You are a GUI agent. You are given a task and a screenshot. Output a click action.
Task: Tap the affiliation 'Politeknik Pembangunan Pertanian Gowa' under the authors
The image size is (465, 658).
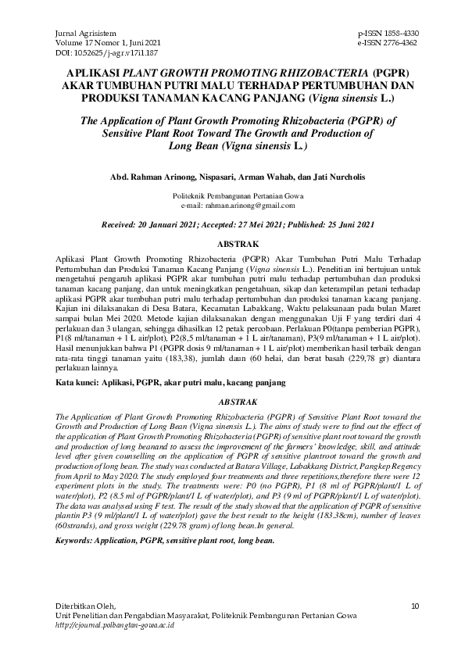(x=232, y=196)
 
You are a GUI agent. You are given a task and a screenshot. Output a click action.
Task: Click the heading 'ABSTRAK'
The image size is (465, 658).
(x=232, y=243)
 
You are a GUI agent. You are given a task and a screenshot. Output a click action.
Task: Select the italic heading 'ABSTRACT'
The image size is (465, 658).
(x=232, y=402)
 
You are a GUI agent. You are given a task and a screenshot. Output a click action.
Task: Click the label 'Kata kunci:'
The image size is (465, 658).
(x=80, y=383)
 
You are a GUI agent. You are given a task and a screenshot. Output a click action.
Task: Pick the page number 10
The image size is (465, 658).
(x=414, y=605)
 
